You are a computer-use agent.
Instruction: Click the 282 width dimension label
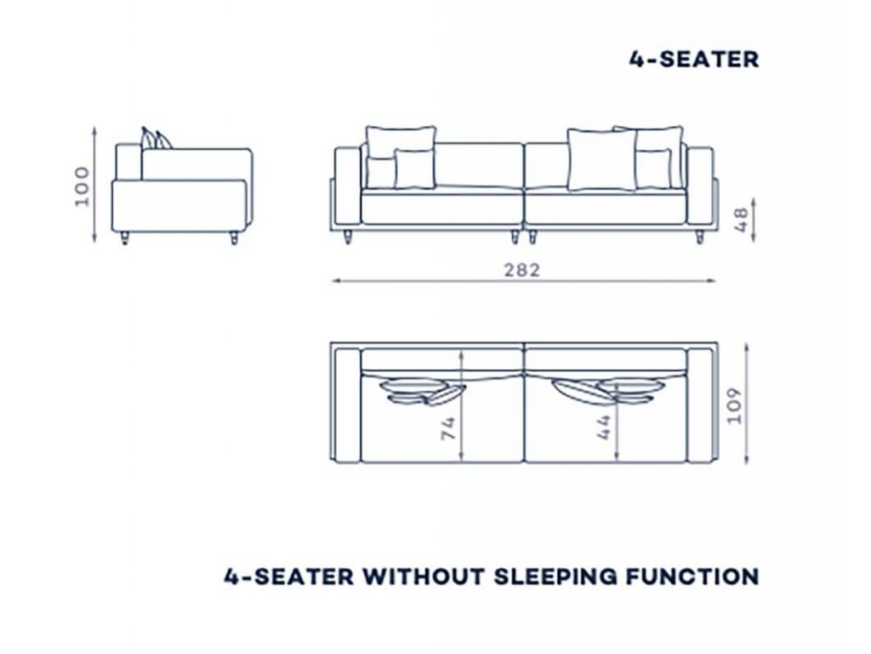tap(521, 270)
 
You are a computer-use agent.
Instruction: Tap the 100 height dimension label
tap(82, 186)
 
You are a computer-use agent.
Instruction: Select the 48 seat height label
tap(741, 221)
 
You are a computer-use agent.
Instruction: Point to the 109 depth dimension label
tap(734, 405)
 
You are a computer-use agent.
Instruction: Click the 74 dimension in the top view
tap(448, 428)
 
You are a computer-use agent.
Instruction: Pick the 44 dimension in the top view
tap(604, 427)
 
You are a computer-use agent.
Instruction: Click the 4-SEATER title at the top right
tap(694, 60)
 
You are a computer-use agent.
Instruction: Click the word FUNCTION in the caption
tap(692, 577)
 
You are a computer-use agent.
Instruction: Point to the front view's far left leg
tap(348, 237)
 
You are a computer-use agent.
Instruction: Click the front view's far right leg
tap(699, 237)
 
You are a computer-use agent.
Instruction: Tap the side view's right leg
tap(234, 238)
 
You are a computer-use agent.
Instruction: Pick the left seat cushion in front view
tap(442, 208)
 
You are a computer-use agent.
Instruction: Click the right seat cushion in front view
tap(606, 208)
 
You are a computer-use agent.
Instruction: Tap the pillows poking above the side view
tap(156, 139)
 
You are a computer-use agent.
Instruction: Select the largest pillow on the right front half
tap(602, 160)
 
